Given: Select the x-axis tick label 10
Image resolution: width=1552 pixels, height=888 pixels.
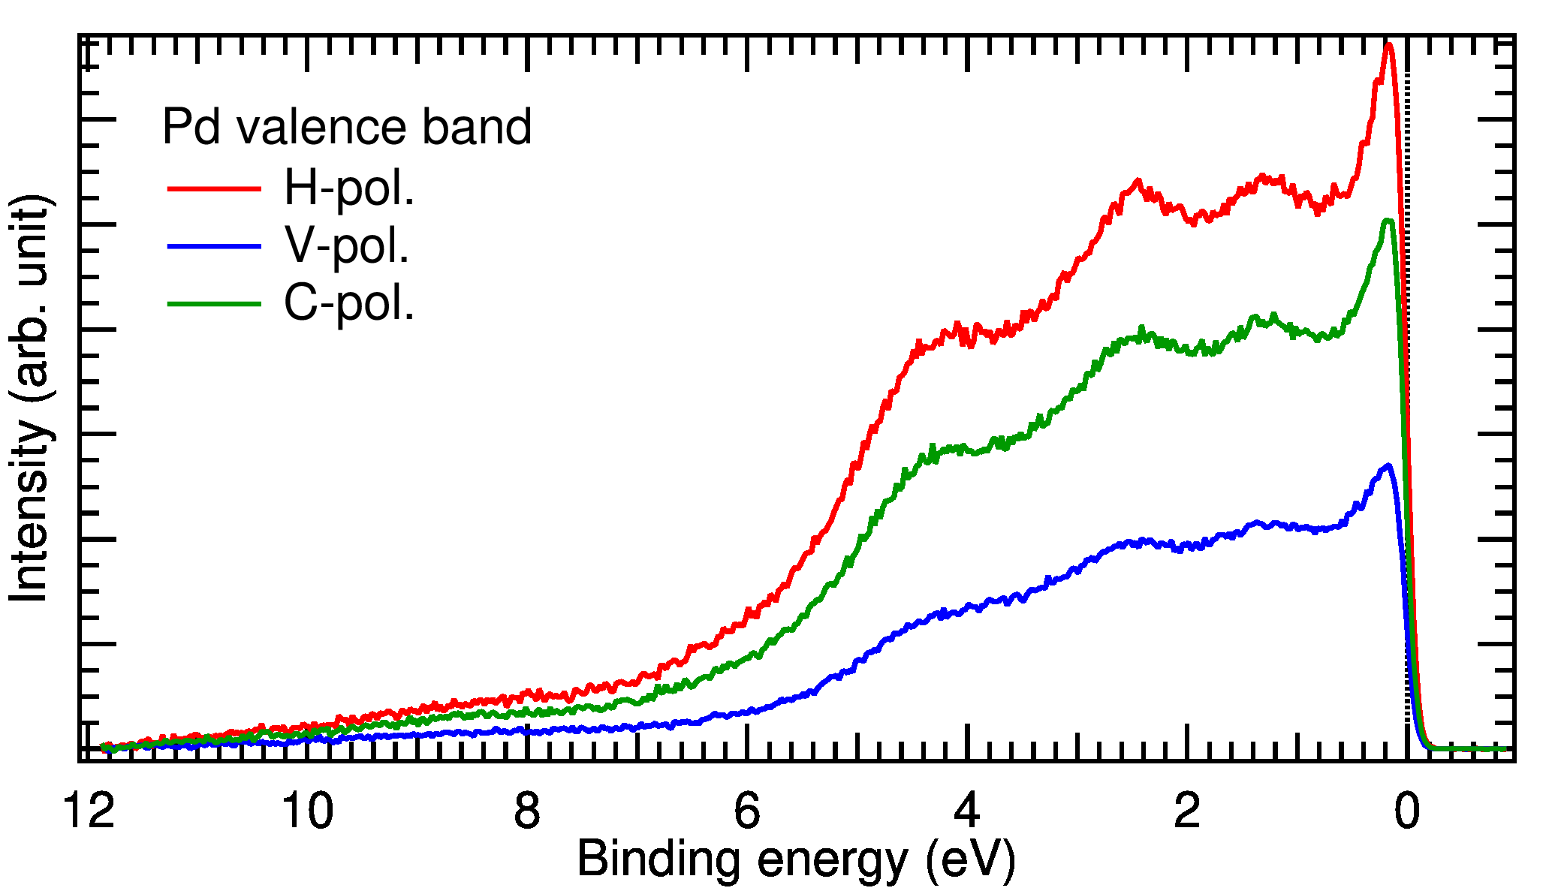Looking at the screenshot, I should click(x=307, y=812).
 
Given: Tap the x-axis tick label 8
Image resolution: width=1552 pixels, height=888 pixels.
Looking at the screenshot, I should click(x=527, y=812).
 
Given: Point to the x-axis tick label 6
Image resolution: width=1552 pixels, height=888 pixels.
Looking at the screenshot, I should click(x=747, y=812).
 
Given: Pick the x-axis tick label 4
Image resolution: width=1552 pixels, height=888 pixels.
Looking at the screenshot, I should click(x=967, y=812).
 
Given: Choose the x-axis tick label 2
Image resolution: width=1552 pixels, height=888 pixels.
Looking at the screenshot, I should click(x=1187, y=812).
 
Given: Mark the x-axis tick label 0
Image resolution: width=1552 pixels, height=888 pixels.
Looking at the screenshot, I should click(x=1407, y=812).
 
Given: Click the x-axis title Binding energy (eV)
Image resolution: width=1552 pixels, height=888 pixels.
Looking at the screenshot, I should click(x=796, y=859).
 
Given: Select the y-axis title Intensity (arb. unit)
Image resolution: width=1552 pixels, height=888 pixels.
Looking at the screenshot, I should click(x=30, y=398).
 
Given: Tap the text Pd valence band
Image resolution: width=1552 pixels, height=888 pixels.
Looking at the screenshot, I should click(x=347, y=127).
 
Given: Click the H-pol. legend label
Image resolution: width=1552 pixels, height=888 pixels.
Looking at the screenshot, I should click(x=349, y=188).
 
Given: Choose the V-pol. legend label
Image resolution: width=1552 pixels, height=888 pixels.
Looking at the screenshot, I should click(x=346, y=245).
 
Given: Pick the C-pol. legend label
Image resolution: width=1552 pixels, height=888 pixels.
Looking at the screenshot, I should click(x=349, y=304).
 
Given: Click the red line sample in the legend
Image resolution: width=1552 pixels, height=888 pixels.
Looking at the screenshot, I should click(x=214, y=188).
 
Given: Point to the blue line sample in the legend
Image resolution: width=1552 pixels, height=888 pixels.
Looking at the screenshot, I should click(x=214, y=246).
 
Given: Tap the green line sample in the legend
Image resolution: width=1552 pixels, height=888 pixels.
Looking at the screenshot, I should click(x=214, y=304).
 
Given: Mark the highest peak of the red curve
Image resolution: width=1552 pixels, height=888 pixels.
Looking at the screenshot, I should click(x=1389, y=45).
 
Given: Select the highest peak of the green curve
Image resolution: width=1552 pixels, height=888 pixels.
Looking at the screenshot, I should click(x=1388, y=221).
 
